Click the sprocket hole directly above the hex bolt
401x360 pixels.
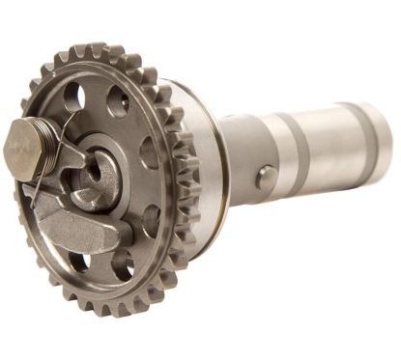pos(72,96)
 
